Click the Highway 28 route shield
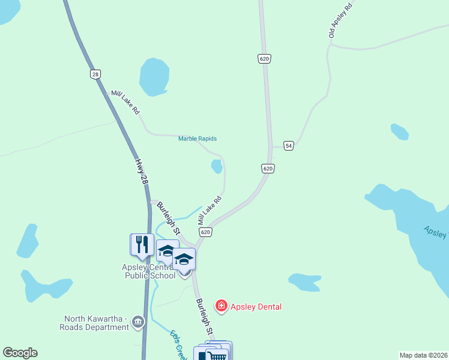(95, 74)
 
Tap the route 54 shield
(289, 146)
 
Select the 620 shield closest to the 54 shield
(268, 169)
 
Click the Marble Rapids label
(197, 139)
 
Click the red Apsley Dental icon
(221, 307)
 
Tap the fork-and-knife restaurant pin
(142, 244)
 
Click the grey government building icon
(139, 323)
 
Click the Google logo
(20, 353)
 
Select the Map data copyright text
(423, 355)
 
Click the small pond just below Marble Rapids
(217, 166)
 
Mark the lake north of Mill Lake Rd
(153, 77)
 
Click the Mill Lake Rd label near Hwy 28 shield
(125, 102)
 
